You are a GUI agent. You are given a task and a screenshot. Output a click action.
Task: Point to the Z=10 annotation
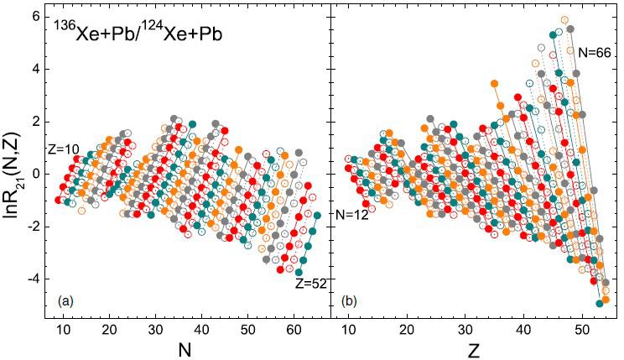(65, 149)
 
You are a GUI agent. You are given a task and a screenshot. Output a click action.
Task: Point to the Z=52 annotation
(310, 284)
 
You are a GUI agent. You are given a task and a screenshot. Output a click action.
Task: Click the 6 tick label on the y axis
(39, 16)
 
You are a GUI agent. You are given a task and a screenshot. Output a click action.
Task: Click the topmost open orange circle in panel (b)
(565, 19)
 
